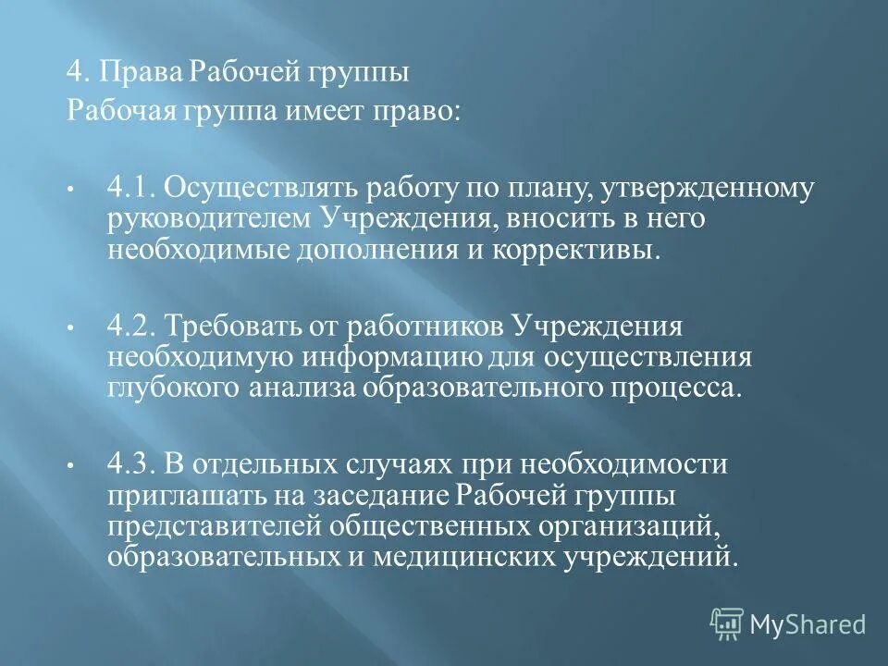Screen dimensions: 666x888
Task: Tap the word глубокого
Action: click(174, 387)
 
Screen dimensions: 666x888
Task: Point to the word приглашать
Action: click(184, 496)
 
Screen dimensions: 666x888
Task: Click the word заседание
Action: click(376, 496)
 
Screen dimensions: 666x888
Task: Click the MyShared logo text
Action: click(807, 624)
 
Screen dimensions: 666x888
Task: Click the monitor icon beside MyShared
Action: click(727, 624)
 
